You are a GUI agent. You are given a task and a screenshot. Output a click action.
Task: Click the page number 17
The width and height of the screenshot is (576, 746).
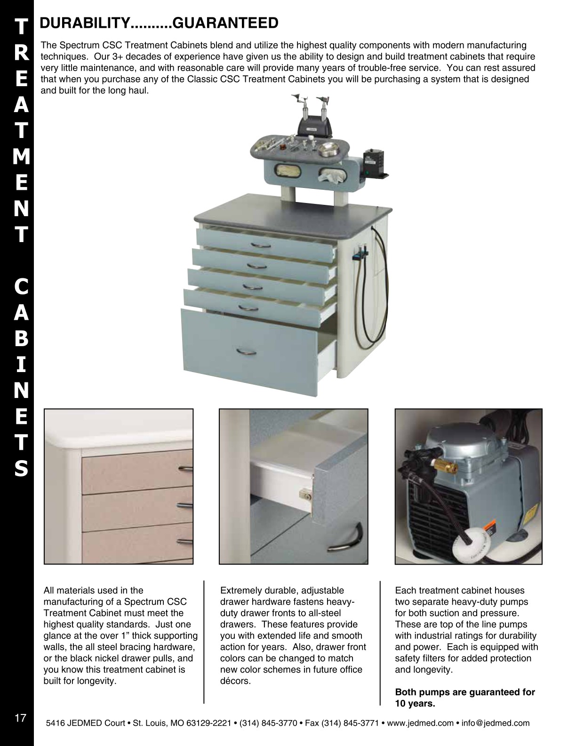[x=20, y=718]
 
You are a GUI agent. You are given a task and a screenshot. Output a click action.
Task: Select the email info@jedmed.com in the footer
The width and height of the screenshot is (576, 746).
[x=496, y=723]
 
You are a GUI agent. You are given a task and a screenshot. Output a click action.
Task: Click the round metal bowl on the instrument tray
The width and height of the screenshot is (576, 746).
[x=326, y=151]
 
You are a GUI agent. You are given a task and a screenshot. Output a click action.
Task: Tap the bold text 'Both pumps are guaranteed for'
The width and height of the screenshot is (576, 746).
[x=465, y=692]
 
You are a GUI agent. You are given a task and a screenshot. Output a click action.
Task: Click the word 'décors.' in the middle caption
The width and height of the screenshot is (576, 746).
[x=236, y=681]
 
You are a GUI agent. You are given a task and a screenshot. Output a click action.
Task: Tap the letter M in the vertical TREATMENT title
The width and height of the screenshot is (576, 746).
[x=21, y=156]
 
